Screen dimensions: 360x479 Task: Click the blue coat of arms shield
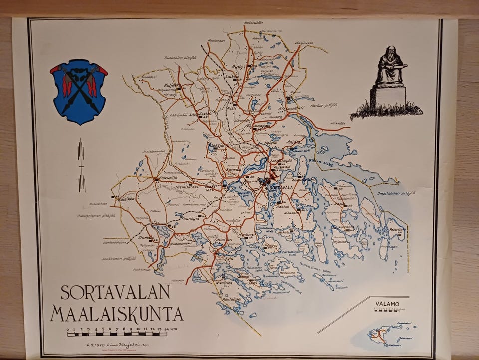point(78,92)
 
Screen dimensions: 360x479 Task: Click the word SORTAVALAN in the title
point(115,293)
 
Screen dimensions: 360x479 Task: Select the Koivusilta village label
point(169,177)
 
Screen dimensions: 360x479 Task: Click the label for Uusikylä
point(191,218)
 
